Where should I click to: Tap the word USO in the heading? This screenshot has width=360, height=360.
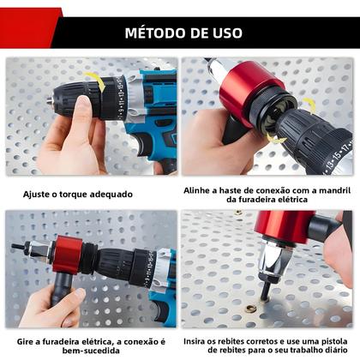[224, 33]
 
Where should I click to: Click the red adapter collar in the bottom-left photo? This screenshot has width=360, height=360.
[67, 255]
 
